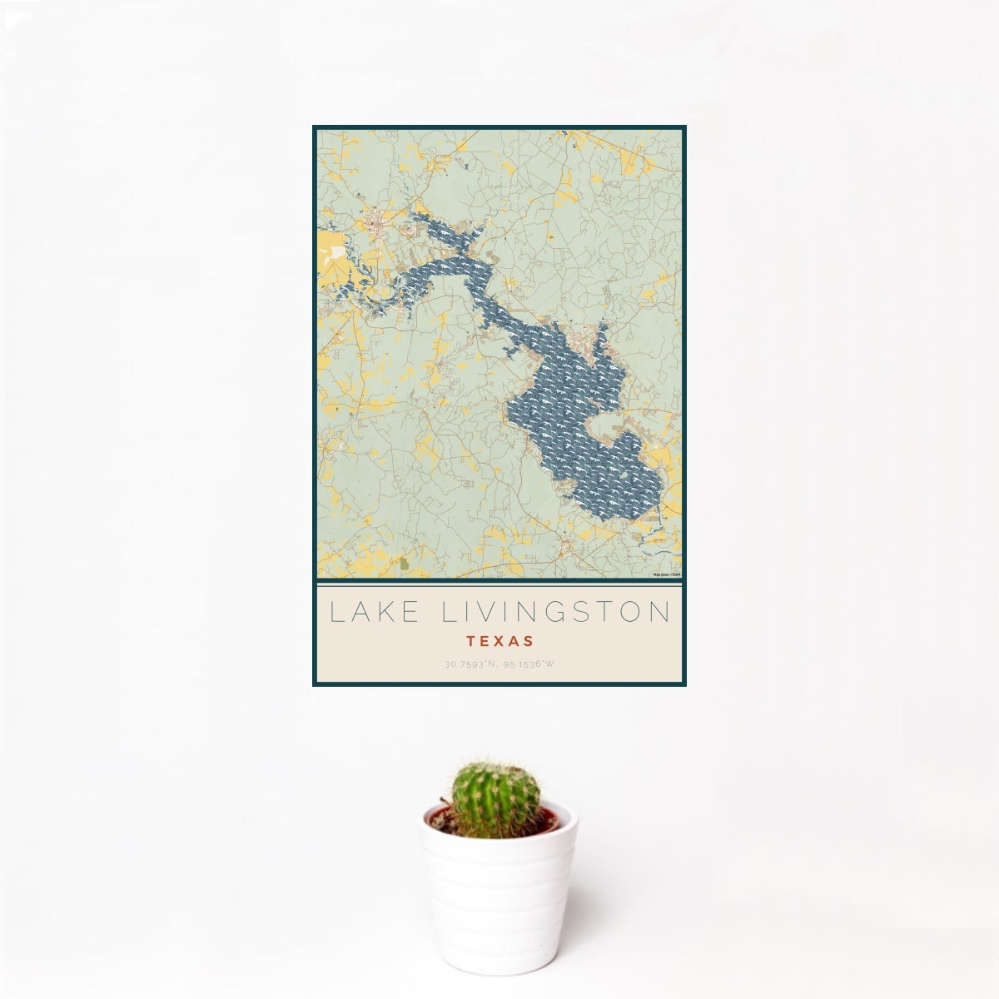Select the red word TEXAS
coord(499,642)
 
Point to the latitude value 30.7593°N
coord(469,664)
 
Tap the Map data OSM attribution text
coord(667,574)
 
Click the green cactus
coord(495,798)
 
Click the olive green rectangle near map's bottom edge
coord(405,564)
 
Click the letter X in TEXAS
coord(499,642)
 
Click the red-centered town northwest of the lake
coord(379,222)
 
